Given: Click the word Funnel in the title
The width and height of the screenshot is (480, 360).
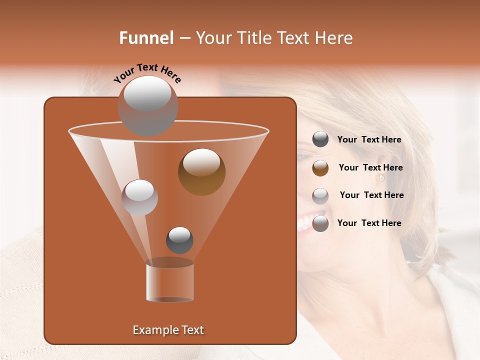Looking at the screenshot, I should (146, 38).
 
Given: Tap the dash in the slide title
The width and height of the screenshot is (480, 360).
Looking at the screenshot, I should (184, 38).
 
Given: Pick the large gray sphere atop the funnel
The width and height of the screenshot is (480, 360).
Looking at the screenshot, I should (147, 105).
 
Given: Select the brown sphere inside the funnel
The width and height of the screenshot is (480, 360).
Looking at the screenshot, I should (201, 172).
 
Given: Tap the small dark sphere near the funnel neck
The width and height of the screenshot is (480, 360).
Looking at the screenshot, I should (179, 240).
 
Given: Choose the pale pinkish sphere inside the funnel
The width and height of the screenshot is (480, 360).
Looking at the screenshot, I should (139, 197).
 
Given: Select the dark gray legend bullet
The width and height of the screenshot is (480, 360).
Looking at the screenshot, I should (320, 139).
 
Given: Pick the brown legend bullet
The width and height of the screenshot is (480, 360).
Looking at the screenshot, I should (320, 168).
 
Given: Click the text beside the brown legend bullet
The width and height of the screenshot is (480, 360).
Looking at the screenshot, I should (370, 167).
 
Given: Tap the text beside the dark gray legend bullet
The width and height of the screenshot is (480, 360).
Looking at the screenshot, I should (369, 139).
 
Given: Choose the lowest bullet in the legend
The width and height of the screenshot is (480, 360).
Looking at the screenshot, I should (320, 223).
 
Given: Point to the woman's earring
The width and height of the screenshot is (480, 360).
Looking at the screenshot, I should (381, 178).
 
